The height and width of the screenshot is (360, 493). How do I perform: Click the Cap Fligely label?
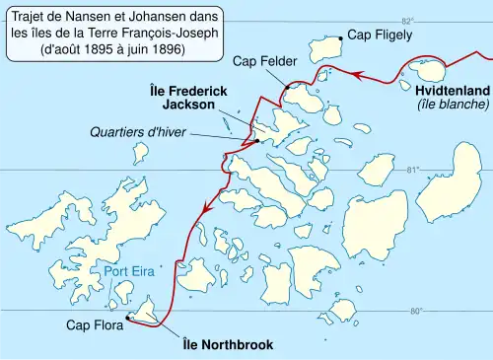coord(381,35)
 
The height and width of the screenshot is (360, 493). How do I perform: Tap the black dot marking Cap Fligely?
coord(341,37)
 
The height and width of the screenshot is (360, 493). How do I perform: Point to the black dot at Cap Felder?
coord(287,87)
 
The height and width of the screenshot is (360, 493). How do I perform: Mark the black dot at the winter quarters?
coord(256,140)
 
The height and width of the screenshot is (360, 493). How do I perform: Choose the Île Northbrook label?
coord(228,345)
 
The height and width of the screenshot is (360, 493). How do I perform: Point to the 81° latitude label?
coord(413,170)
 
